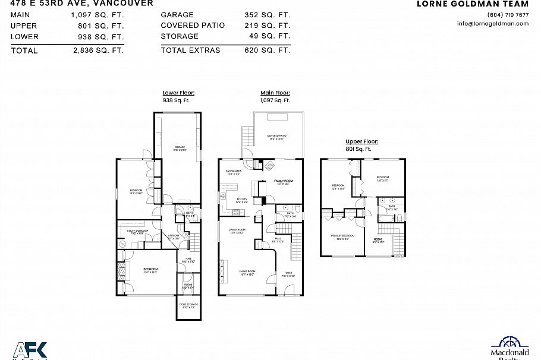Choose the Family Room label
[283, 182]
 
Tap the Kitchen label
[242, 200]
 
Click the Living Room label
[247, 273]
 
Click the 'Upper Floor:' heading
[361, 142]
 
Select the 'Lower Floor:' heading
[178, 93]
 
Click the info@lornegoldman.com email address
[492, 24]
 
